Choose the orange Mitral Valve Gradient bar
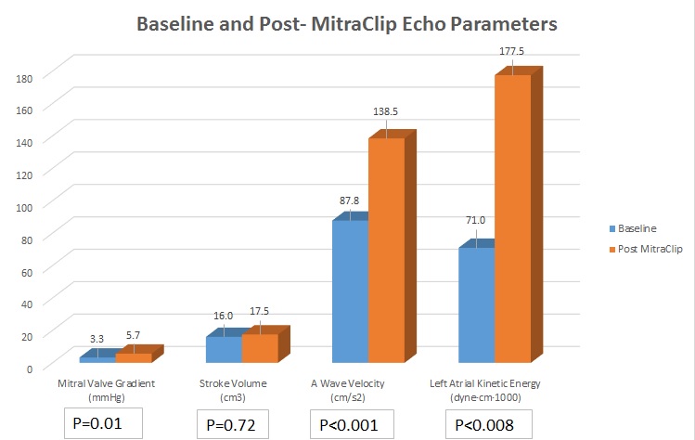133,356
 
